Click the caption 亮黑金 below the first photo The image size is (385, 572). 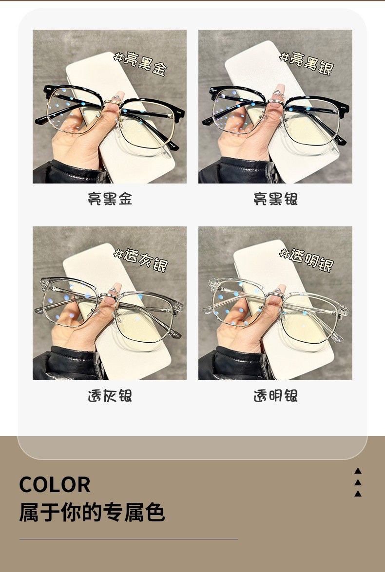click(x=110, y=199)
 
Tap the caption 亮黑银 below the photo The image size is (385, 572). click(x=275, y=199)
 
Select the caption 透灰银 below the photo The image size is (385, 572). click(x=110, y=396)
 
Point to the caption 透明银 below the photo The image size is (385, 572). click(x=275, y=396)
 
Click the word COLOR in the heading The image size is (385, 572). click(x=55, y=485)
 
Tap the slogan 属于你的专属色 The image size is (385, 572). click(x=92, y=512)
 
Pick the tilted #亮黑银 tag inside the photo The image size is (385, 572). click(x=307, y=63)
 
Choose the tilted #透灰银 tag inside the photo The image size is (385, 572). click(x=141, y=260)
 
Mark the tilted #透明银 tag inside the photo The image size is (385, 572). click(x=307, y=260)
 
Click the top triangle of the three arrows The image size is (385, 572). click(x=358, y=471)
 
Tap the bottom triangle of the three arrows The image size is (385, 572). click(x=358, y=494)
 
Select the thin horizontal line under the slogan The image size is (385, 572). click(x=129, y=539)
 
